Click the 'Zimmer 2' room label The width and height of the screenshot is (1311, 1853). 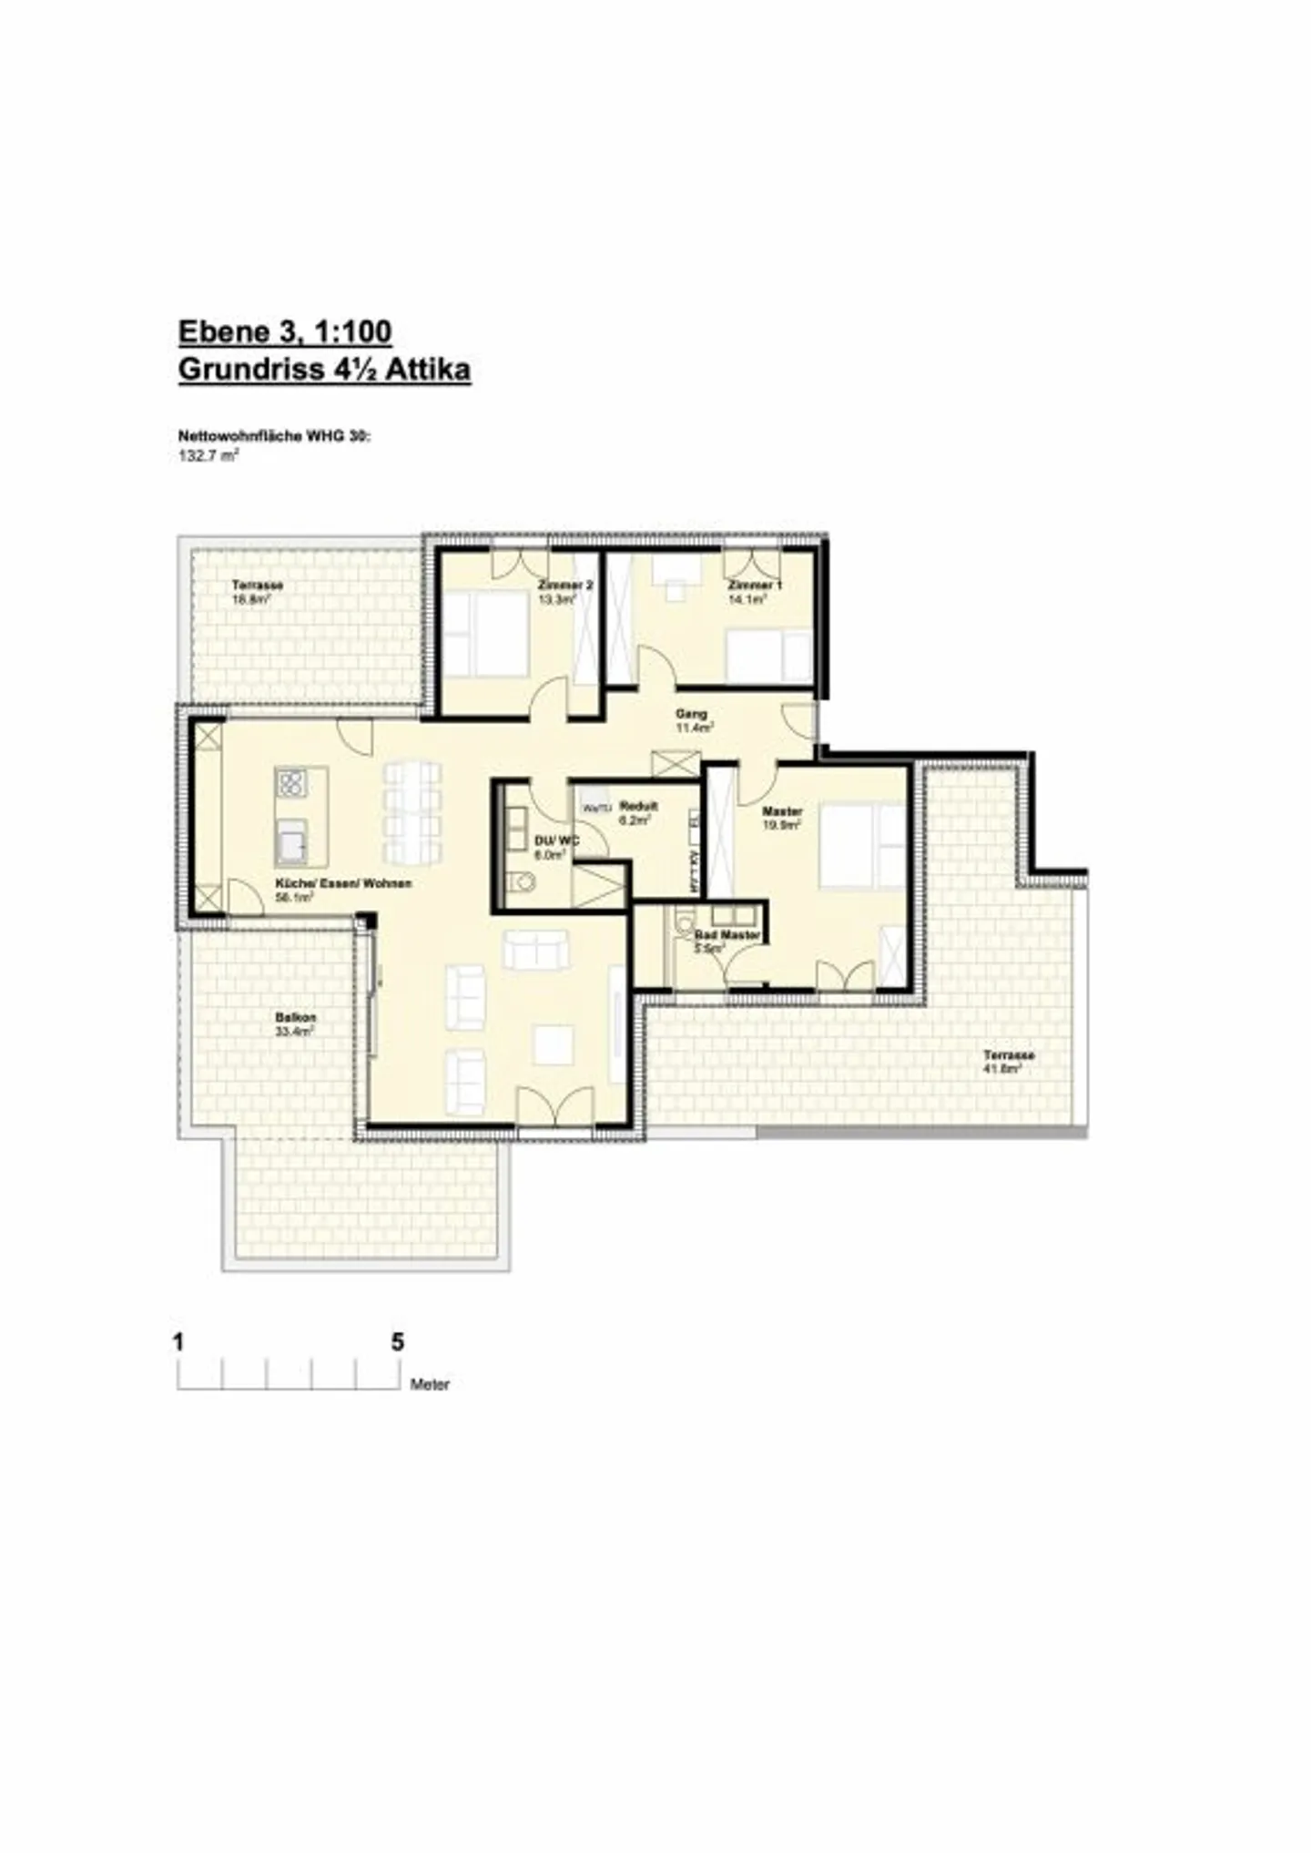(x=564, y=585)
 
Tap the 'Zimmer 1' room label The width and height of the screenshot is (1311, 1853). (x=754, y=585)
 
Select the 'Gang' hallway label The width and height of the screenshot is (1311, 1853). (x=691, y=714)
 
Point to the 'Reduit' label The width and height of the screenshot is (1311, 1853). (x=637, y=806)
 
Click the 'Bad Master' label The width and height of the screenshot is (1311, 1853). (x=727, y=935)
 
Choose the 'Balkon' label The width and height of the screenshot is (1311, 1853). (x=295, y=1018)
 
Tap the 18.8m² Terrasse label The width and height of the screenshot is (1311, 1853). (x=257, y=585)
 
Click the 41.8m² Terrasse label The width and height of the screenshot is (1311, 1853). (x=1009, y=1055)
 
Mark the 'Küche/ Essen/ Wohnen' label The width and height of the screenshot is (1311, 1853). (x=343, y=883)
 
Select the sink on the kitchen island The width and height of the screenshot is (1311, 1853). (x=291, y=841)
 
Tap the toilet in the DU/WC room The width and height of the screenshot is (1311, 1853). (x=522, y=882)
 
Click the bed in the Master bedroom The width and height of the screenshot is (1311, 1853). (x=851, y=844)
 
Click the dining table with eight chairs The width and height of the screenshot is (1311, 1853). (x=412, y=813)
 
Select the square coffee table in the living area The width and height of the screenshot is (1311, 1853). (x=554, y=1044)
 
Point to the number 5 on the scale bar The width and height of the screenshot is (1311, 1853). (x=397, y=1342)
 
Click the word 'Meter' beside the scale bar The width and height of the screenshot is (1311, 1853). (x=430, y=1385)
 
